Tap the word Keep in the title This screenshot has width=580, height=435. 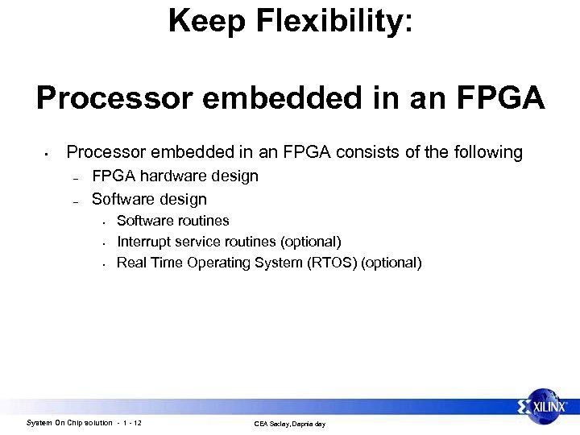click(x=198, y=21)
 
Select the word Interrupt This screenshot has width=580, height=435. click(x=145, y=242)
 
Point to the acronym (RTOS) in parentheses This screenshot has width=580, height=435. click(x=332, y=263)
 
